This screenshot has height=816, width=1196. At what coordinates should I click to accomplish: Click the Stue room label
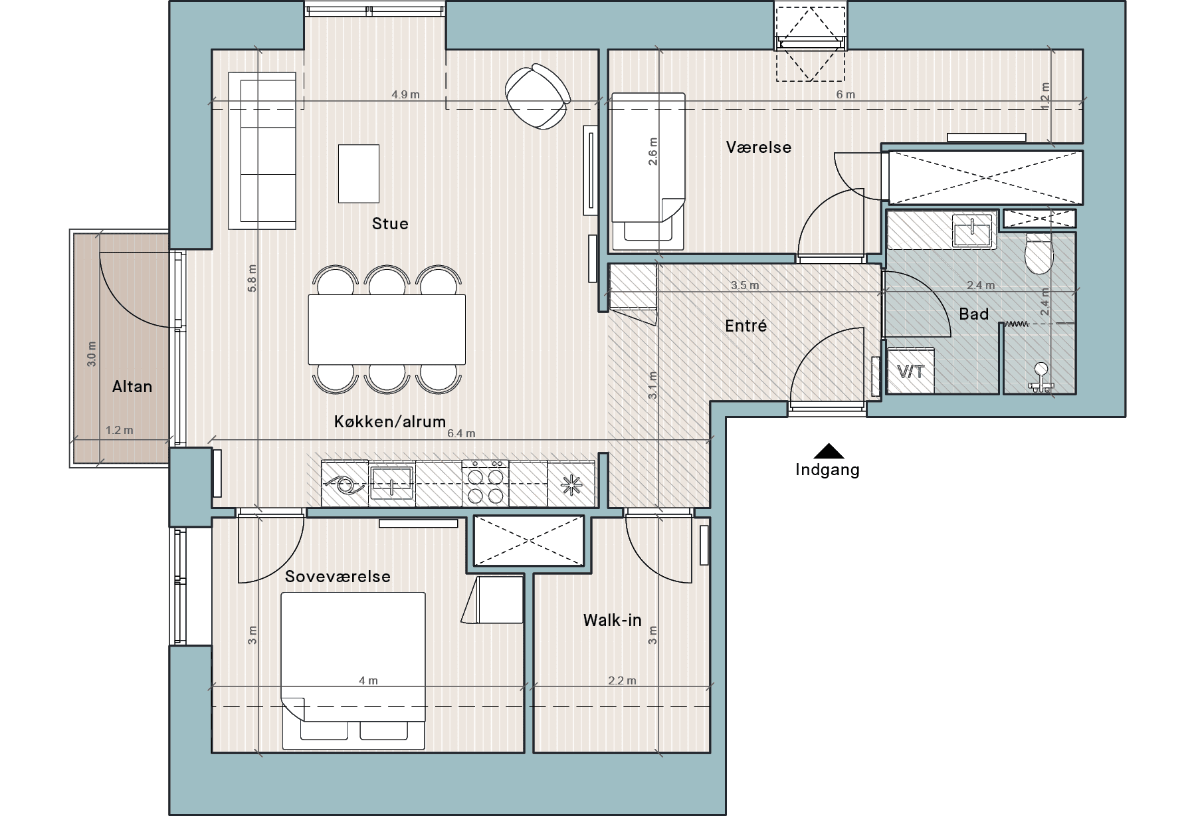390,224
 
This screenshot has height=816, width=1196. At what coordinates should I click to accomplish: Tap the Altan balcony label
132,387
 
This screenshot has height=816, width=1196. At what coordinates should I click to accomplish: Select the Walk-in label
613,621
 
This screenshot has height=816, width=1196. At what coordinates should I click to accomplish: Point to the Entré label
746,326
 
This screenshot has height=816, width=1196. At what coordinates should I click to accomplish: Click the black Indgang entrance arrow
828,451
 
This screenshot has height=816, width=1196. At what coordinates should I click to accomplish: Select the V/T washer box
910,371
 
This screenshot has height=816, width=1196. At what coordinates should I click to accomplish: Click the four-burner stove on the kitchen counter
485,484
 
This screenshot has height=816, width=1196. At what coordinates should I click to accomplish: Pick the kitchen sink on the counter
392,482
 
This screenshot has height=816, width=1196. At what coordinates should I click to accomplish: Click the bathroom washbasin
972,231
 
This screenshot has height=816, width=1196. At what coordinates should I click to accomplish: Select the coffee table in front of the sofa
359,173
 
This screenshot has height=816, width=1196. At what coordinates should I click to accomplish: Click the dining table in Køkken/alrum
387,330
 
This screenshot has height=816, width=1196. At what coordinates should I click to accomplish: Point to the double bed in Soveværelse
353,671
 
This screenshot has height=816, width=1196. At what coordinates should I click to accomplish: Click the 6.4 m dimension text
461,433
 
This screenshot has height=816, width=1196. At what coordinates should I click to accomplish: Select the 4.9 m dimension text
405,94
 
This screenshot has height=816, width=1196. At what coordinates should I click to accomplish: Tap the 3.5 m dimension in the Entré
745,285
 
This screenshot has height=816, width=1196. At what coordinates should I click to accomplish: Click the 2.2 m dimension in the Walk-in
622,680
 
